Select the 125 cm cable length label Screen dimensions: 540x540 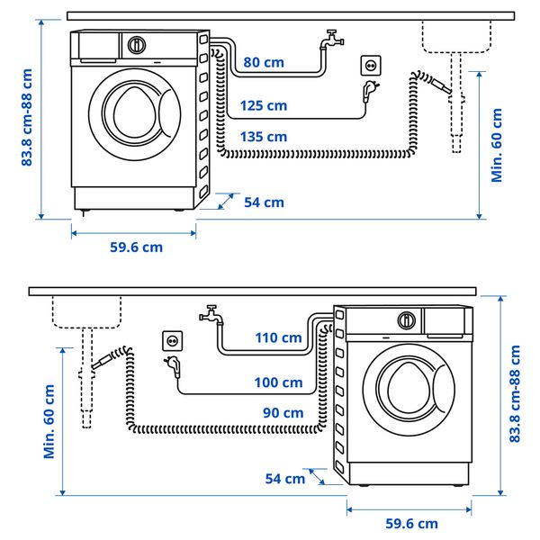pyautogui.click(x=264, y=106)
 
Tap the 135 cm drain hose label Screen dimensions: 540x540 pyautogui.click(x=264, y=137)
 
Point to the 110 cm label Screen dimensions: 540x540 pyautogui.click(x=279, y=337)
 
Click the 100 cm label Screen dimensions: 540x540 pyautogui.click(x=279, y=382)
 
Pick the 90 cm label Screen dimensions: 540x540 pyautogui.click(x=283, y=413)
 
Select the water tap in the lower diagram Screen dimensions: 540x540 pyautogui.click(x=211, y=315)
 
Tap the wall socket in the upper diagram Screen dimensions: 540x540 pyautogui.click(x=370, y=66)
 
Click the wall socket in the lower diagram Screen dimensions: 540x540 pyautogui.click(x=172, y=341)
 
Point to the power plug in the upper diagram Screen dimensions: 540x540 pyautogui.click(x=367, y=89)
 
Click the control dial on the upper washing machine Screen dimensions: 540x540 pyautogui.click(x=137, y=44)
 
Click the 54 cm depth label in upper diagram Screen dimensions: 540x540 pyautogui.click(x=264, y=202)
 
